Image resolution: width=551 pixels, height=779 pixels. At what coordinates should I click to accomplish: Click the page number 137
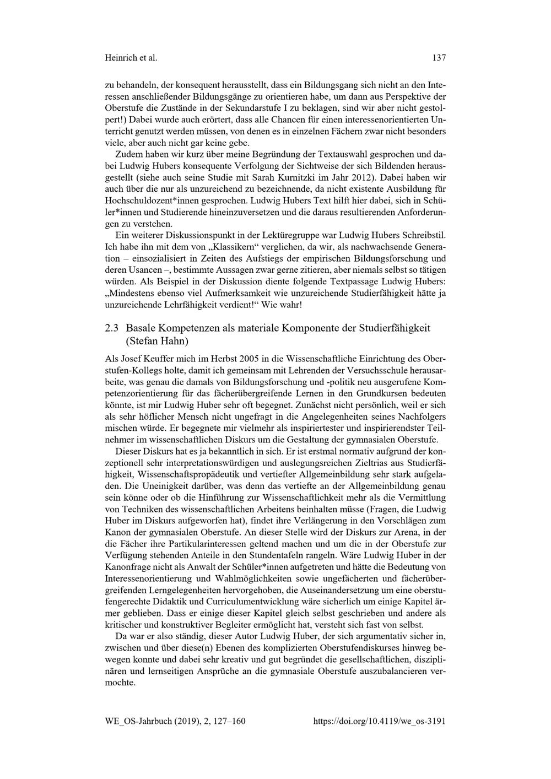pos(439,57)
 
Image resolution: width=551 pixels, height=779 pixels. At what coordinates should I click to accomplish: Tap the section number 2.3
pos(112,328)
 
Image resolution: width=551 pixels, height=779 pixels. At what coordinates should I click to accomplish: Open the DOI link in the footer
pos(379,720)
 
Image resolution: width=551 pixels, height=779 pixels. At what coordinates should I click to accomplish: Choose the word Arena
pos(406,532)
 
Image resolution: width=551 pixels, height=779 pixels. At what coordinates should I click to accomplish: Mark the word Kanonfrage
pos(126,567)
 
